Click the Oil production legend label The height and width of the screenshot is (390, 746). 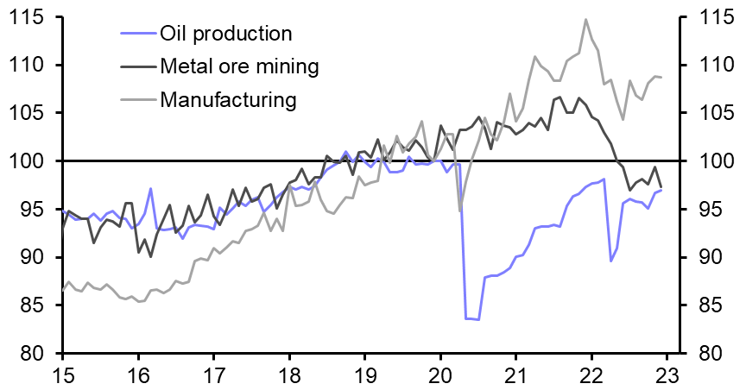tap(226, 35)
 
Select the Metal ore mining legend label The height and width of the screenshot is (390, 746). tap(240, 66)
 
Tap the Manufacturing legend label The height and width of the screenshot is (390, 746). tap(229, 99)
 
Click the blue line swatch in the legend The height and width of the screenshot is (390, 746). tap(136, 35)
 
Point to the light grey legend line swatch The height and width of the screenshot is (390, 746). tap(136, 99)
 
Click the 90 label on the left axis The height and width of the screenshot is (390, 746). tap(28, 258)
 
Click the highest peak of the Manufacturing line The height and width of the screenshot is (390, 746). tap(585, 19)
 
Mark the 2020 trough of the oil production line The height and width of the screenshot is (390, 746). tap(478, 320)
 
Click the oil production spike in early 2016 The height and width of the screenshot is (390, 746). tap(150, 188)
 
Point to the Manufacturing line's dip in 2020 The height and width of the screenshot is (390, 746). tap(459, 211)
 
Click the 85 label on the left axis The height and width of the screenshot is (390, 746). tap(28, 305)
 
